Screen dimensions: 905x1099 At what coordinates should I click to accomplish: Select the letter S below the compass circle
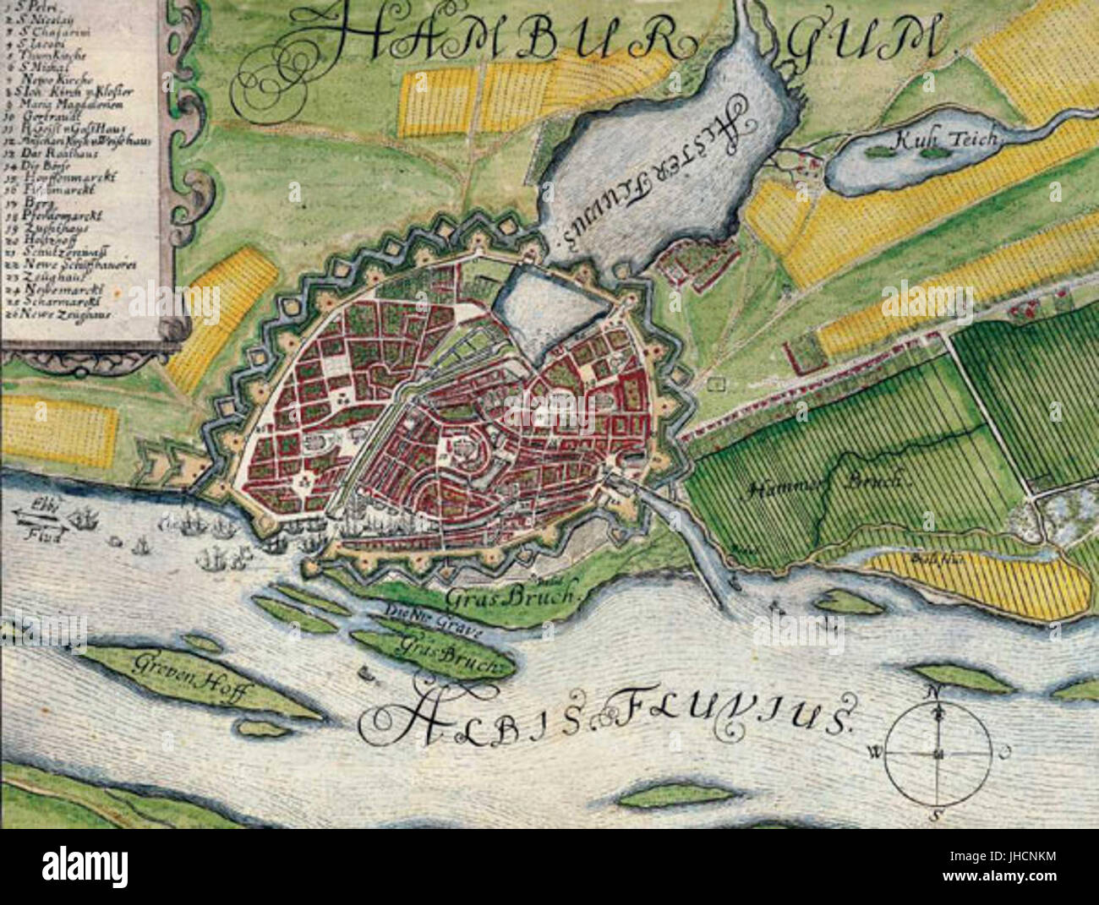click(x=936, y=815)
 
